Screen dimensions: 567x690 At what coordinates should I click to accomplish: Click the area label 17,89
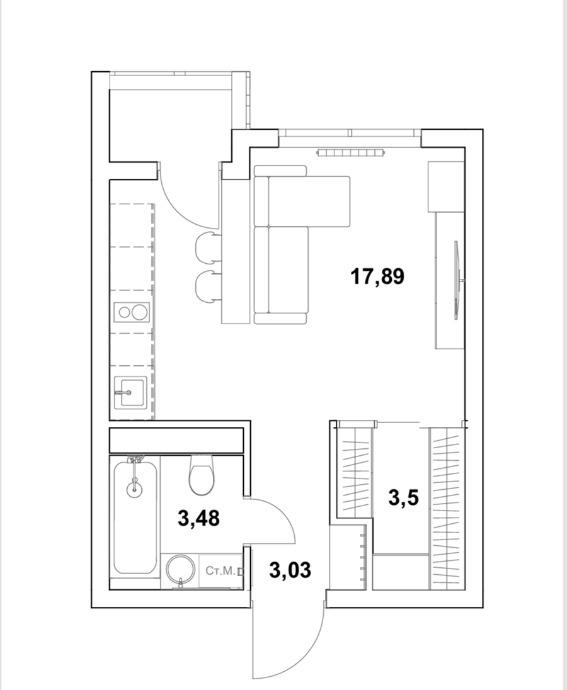point(377,277)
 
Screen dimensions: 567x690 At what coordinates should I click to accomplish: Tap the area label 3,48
point(198,518)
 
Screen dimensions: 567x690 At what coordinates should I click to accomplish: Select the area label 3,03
point(290,570)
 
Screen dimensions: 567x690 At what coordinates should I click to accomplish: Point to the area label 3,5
point(403,498)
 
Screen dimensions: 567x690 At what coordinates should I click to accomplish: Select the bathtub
point(135,517)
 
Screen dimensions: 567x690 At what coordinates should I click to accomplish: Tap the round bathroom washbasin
point(180,569)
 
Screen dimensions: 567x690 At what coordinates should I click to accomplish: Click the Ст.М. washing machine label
point(220,571)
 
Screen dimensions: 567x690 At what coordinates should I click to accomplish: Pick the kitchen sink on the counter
point(130,392)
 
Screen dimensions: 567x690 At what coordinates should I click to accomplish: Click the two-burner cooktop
point(132,312)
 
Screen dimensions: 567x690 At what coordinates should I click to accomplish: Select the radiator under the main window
point(351,153)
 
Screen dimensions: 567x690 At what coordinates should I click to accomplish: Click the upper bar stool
point(209,247)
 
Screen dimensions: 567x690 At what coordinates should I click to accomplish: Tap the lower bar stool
point(209,286)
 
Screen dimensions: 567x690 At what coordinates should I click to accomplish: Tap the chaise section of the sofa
point(309,201)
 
